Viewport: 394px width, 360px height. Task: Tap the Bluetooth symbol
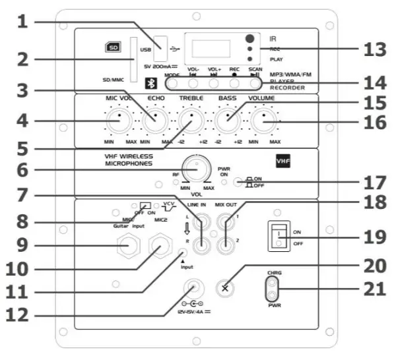click(x=151, y=84)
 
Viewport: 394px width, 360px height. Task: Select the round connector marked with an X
click(x=226, y=287)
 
